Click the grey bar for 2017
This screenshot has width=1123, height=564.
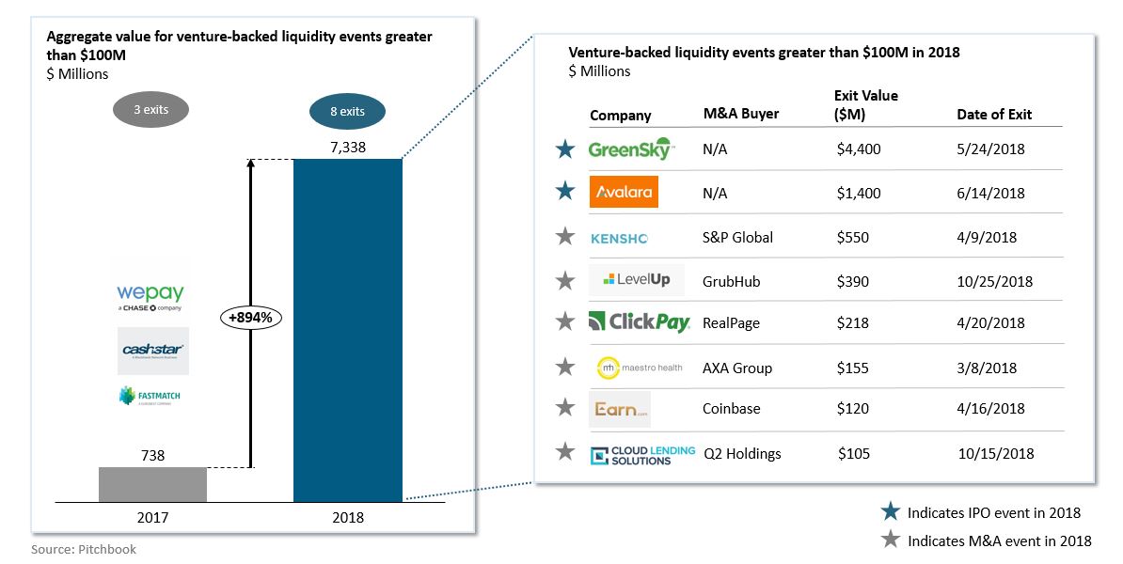point(152,484)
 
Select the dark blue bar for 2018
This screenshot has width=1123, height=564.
point(347,329)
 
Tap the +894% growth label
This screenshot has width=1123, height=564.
point(250,318)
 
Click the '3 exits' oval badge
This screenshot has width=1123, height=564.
point(150,110)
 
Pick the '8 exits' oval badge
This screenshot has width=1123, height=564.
point(347,112)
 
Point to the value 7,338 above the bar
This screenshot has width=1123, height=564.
point(347,147)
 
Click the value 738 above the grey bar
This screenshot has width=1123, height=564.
point(152,455)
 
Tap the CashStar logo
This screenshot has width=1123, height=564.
point(153,350)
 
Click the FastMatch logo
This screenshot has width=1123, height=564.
point(150,396)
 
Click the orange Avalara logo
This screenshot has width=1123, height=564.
point(623,193)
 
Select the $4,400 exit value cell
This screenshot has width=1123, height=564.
point(859,149)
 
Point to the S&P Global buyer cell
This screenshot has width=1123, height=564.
point(737,237)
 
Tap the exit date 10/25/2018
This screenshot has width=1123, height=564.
point(994,281)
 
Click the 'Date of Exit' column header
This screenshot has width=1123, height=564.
point(994,115)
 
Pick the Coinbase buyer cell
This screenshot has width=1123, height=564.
point(731,409)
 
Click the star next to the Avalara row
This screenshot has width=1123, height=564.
point(564,193)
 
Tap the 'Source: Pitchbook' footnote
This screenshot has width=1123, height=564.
point(84,549)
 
